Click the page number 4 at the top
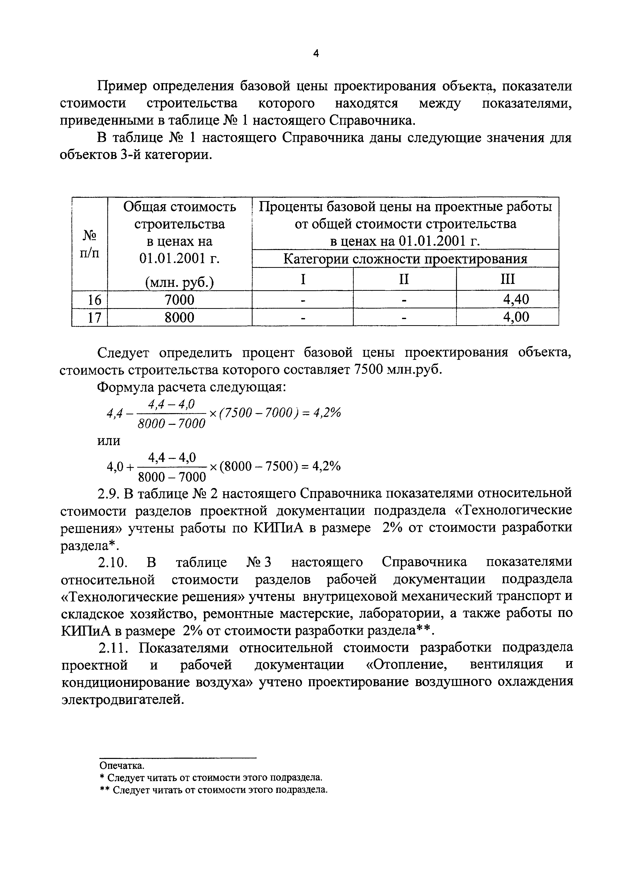coord(316,54)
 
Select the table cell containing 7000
coord(179,300)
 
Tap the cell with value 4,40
coord(516,300)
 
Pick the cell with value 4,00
coord(516,317)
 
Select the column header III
coord(507,279)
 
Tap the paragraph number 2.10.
coord(113,562)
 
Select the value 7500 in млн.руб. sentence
coord(368,370)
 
